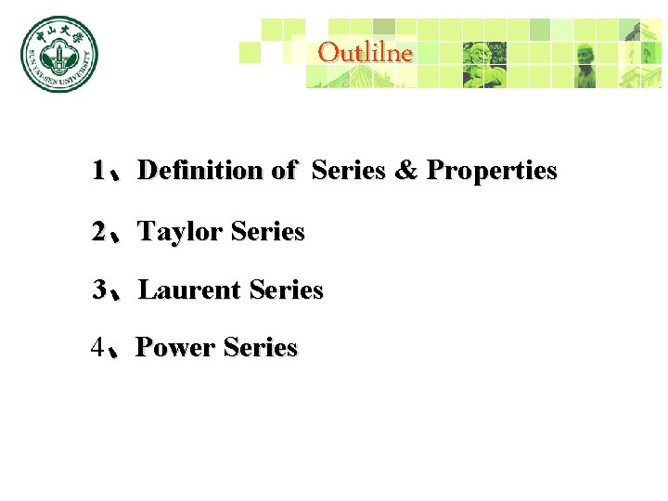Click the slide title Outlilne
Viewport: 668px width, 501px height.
point(365,53)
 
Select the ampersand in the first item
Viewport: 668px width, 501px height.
point(405,171)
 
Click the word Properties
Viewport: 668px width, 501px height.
point(492,171)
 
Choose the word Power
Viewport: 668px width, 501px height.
point(175,348)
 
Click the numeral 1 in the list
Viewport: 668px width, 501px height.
point(98,171)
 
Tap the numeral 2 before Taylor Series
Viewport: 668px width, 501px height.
point(98,232)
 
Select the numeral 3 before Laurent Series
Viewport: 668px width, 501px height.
point(98,290)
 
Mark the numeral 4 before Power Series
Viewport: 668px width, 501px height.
point(98,348)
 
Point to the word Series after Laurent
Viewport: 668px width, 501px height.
point(286,290)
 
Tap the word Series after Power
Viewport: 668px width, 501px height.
point(261,348)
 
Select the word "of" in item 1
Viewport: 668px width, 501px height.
point(283,171)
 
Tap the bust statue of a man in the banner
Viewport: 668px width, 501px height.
point(585,61)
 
